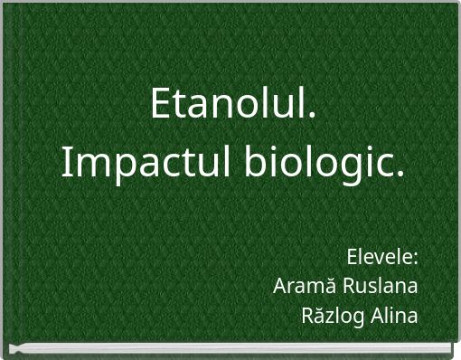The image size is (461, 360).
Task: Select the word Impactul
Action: coord(135,164)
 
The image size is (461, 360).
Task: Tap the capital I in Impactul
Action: coord(67,164)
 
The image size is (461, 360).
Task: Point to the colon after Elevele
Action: coord(415,261)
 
